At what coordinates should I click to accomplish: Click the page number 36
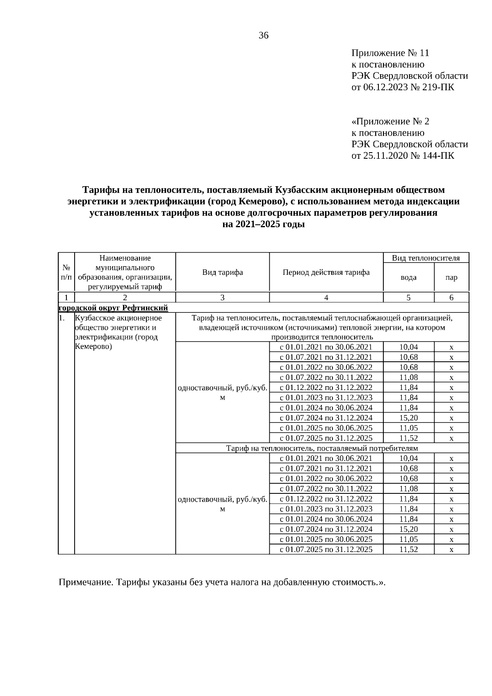(x=263, y=36)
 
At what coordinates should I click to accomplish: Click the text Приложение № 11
(x=390, y=53)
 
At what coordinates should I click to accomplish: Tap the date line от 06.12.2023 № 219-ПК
(x=403, y=87)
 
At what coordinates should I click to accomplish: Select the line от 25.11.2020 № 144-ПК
(x=403, y=156)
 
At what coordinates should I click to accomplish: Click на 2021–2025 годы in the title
(x=263, y=225)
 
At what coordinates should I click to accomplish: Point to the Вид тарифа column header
(x=222, y=273)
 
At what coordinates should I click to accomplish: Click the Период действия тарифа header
(x=326, y=273)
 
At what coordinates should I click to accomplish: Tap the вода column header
(x=408, y=278)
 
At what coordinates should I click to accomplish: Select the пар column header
(x=451, y=278)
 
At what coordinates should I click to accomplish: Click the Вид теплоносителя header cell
(x=426, y=258)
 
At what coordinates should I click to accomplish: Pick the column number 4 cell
(x=326, y=298)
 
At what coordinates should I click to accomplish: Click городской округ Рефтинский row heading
(x=114, y=308)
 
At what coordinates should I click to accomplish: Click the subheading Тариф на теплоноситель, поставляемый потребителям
(x=322, y=448)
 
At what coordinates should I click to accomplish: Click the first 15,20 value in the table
(x=408, y=418)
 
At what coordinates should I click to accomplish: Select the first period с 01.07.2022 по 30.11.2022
(x=326, y=377)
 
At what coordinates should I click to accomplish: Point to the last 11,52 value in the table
(x=408, y=550)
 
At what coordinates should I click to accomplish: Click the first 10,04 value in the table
(x=408, y=347)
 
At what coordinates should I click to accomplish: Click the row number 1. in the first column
(x=61, y=318)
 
